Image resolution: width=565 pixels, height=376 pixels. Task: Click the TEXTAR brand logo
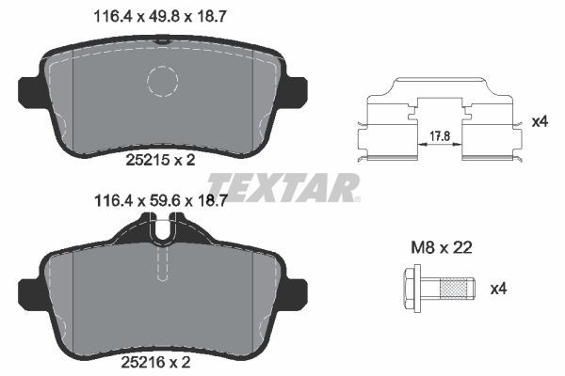[x=283, y=186]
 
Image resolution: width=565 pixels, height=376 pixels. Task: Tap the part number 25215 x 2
[x=160, y=161]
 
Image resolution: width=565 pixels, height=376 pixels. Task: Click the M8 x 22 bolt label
[x=440, y=249]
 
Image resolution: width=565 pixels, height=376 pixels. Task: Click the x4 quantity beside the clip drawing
[x=540, y=122]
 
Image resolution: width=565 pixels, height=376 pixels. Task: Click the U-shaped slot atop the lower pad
[x=164, y=228]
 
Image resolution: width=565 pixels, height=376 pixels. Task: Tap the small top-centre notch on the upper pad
[x=164, y=40]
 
